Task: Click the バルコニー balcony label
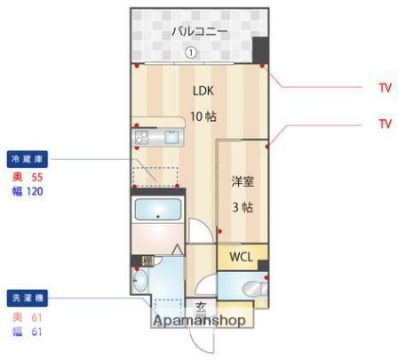click(199, 32)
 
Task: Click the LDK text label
click(203, 90)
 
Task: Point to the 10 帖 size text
click(203, 116)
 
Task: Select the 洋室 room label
click(243, 181)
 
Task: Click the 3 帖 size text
click(243, 207)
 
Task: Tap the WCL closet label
click(242, 257)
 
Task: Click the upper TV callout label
click(385, 88)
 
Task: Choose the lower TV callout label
click(385, 124)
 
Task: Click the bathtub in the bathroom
click(157, 212)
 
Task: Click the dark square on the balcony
click(259, 50)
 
